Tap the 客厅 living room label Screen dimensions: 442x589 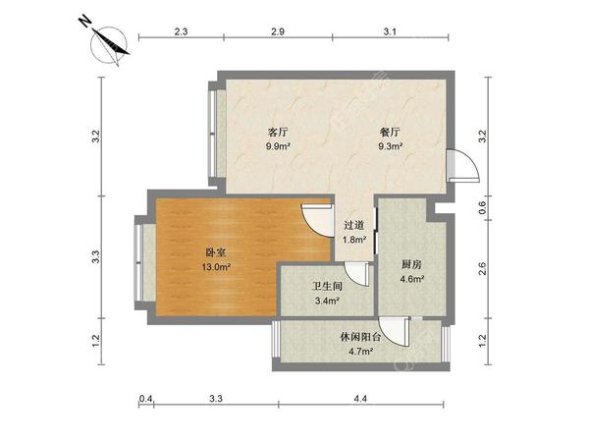point(277,133)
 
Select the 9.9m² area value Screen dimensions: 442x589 point(277,147)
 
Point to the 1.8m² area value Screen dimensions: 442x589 point(352,239)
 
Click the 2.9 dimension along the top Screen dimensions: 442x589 point(278,32)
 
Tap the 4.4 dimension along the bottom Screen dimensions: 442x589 point(360,398)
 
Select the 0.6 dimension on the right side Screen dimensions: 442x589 point(482,207)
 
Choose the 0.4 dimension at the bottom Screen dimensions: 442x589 point(146,398)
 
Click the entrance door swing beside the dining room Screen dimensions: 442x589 point(460,165)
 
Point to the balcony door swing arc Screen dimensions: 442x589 point(394,332)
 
